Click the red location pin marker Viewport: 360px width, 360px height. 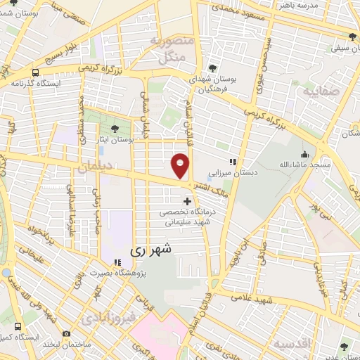[180, 166]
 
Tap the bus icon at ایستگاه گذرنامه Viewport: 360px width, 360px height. [35, 72]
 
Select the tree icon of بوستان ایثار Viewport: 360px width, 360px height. [115, 128]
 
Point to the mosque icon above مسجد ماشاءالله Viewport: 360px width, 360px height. [304, 155]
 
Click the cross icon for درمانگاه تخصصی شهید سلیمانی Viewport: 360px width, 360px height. [186, 202]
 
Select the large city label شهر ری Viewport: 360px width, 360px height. [150, 250]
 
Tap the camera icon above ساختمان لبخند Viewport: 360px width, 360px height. [66, 333]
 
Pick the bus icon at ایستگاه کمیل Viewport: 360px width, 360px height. [17, 327]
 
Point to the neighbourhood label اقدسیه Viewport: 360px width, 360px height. [292, 345]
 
